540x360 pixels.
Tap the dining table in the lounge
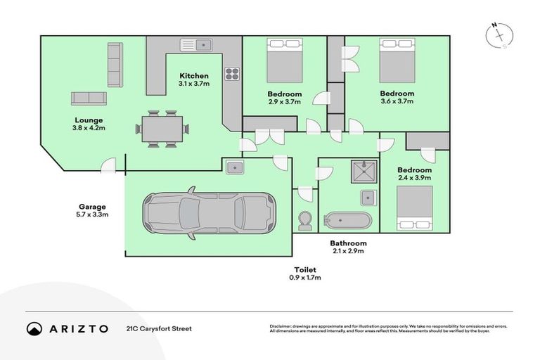162,128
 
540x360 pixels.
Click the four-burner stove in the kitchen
232,74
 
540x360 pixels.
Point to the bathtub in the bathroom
346,219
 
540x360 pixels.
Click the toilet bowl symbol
304,220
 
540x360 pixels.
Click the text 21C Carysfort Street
158,328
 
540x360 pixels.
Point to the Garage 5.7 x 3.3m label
92,211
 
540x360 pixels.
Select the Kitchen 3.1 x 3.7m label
193,80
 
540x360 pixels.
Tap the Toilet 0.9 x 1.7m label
306,274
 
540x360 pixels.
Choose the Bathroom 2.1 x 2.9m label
348,247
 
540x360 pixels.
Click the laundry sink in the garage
235,167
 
